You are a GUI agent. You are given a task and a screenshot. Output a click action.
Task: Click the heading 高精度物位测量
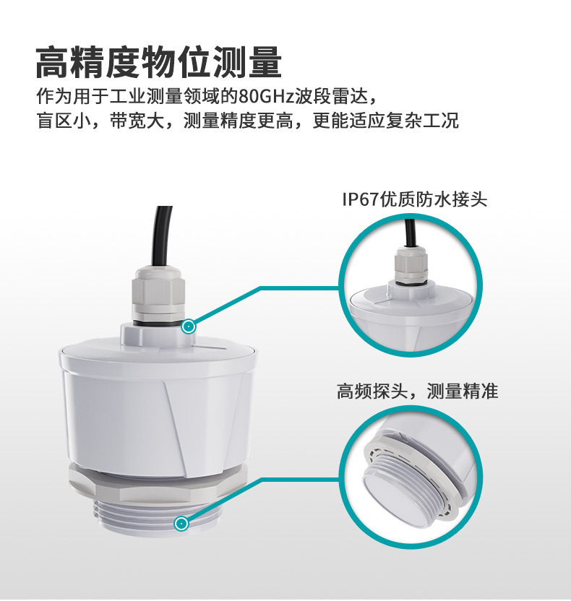pyautogui.click(x=158, y=62)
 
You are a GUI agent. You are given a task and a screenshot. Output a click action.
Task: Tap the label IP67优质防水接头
pyautogui.click(x=414, y=199)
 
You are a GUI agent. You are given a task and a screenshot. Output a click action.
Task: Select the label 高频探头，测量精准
pyautogui.click(x=417, y=392)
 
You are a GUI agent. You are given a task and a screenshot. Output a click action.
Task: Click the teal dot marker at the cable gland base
pyautogui.click(x=189, y=327)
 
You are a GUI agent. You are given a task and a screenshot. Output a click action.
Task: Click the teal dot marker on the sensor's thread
pyautogui.click(x=181, y=523)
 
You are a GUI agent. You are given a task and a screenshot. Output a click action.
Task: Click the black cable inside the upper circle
pyautogui.click(x=410, y=231)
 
